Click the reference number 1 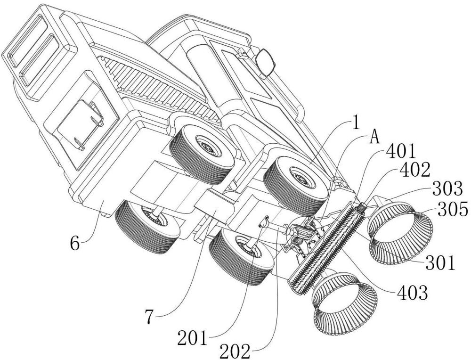coord(356,123)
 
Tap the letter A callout coord(374,138)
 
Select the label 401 coord(401,151)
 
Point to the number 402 coord(414,171)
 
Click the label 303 coord(447,189)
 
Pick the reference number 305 coord(453,209)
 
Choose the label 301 coord(440,263)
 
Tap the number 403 coord(413,293)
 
